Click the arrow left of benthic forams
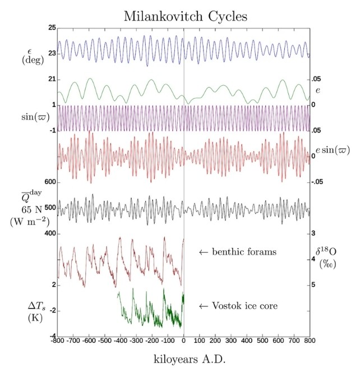coord(204,252)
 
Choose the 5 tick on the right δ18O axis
coord(314,285)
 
